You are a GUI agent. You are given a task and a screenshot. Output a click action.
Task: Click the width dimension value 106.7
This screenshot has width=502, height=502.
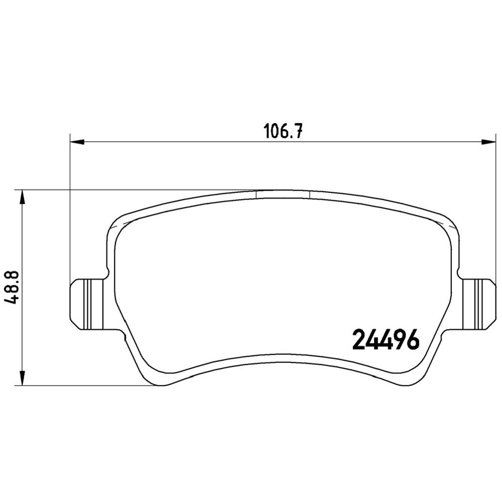(283, 131)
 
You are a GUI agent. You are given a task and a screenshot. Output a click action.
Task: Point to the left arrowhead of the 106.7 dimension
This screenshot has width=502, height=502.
(77, 142)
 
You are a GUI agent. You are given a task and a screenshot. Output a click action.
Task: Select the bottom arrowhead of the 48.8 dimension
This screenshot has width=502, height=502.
(22, 378)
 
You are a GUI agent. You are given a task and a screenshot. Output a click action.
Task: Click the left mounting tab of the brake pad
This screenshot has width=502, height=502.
(87, 304)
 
